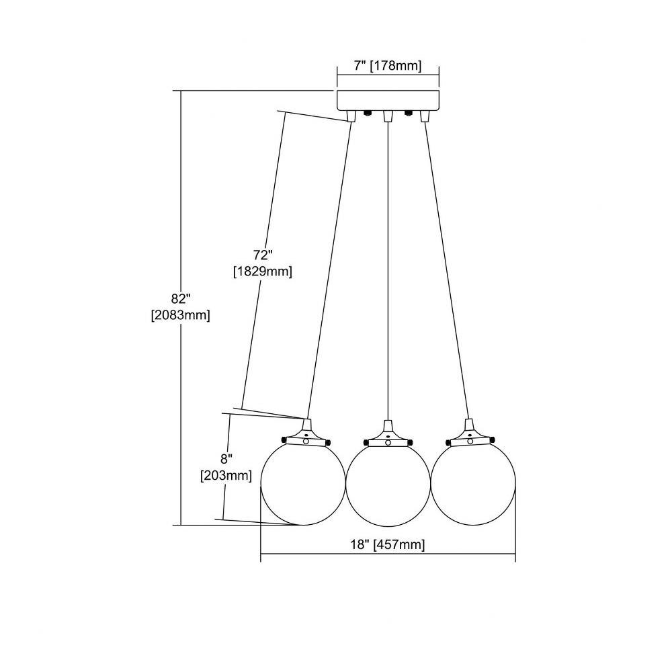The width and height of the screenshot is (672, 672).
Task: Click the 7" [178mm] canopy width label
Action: pos(388,66)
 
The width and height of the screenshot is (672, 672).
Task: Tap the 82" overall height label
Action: pos(180,298)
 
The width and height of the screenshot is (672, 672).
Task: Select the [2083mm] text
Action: pos(180,315)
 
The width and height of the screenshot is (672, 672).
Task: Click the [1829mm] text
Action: pos(263,271)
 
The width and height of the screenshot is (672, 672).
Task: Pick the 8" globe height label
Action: pos(226,459)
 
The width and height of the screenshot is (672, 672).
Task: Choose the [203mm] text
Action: pos(226,475)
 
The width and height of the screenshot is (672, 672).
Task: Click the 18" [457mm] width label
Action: pos(388,545)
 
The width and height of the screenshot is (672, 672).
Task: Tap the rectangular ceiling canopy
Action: pos(388,100)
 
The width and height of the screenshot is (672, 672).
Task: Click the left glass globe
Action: pos(303,483)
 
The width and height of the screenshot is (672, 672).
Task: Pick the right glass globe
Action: pos(473,482)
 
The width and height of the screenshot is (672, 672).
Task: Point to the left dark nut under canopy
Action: pos(368,114)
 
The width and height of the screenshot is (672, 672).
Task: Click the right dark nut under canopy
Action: pos(409,114)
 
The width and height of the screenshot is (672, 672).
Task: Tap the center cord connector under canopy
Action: pos(388,116)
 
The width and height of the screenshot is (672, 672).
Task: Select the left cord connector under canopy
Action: pos(351,116)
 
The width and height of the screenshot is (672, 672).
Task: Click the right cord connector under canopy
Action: pos(425,116)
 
